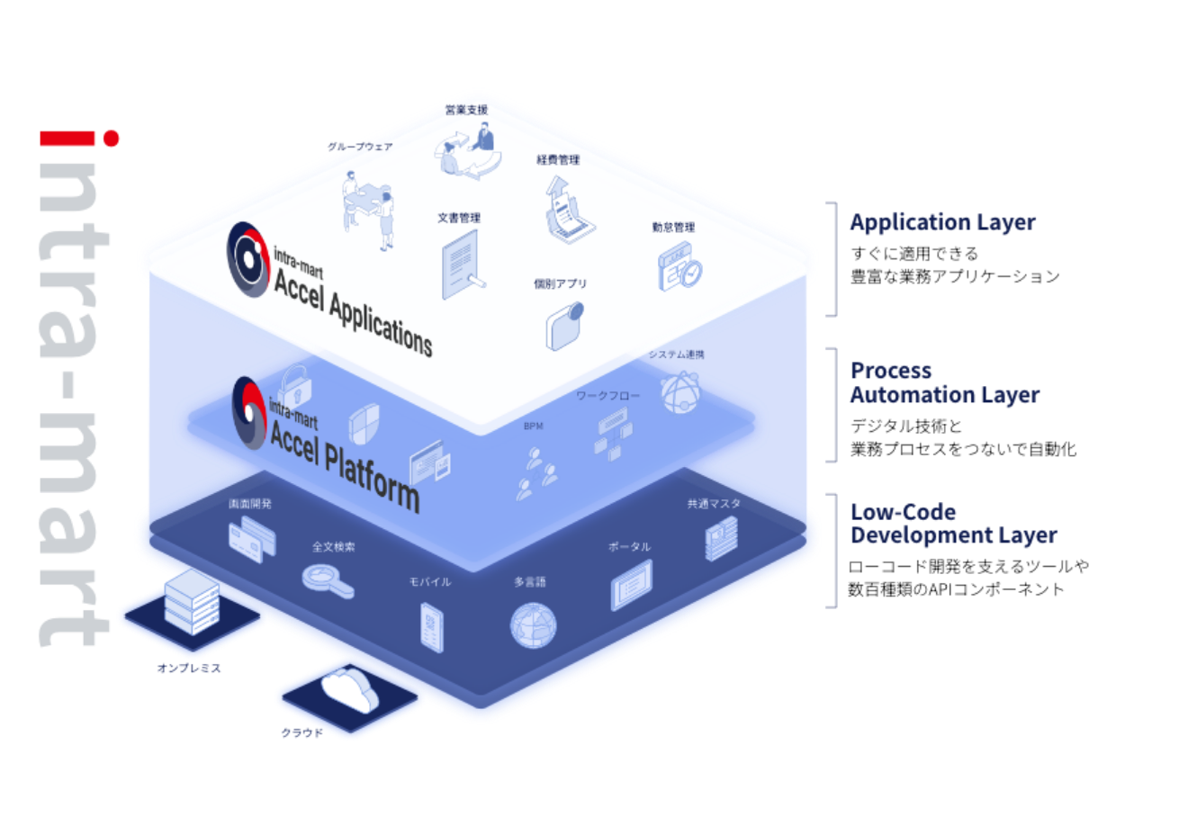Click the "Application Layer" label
pos(942,222)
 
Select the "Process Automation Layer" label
pos(944,383)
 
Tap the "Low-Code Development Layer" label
pos(953,525)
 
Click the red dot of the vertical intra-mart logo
pos(111,139)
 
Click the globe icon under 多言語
pos(533,624)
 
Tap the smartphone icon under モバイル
pos(433,626)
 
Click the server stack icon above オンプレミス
pos(191,601)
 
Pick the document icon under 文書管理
pos(461,262)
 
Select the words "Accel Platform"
pos(345,461)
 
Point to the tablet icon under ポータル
pos(631,585)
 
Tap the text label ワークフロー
pos(607,395)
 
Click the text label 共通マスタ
pos(713,504)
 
